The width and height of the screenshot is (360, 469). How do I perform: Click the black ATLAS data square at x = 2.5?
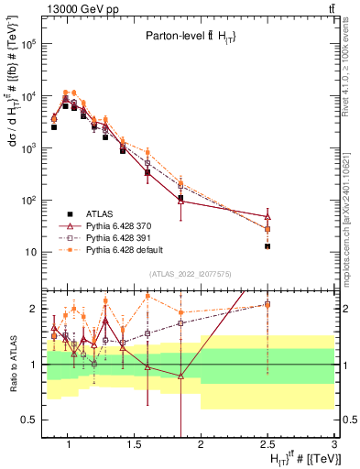(267, 246)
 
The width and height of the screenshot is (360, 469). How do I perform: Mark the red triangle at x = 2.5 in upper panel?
(267, 216)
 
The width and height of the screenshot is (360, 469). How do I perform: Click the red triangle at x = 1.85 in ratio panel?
(180, 376)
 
